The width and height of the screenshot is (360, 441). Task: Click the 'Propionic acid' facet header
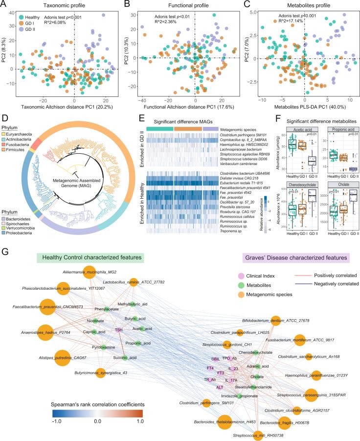pyautogui.click(x=338, y=131)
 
